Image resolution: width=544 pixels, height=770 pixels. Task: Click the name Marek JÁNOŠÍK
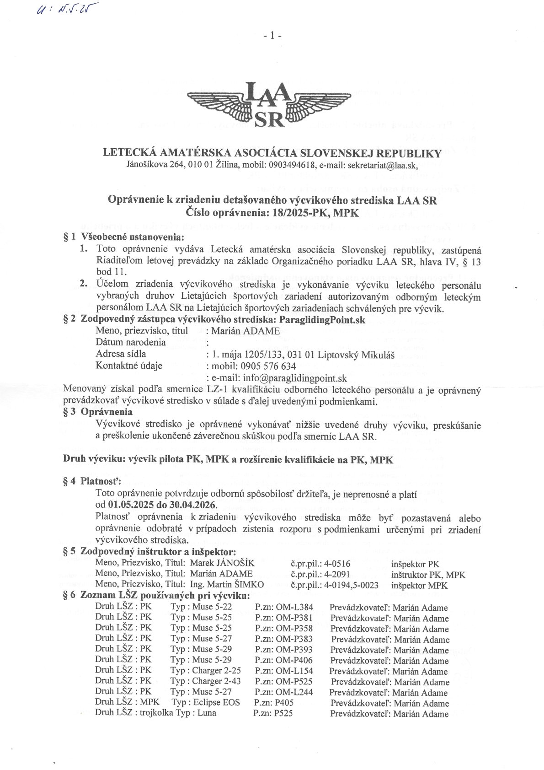[x=222, y=564]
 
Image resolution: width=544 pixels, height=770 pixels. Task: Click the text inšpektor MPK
[x=419, y=586]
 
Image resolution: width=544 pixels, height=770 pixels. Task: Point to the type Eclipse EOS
[x=216, y=702]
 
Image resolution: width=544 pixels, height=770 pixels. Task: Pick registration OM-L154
[x=294, y=671]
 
